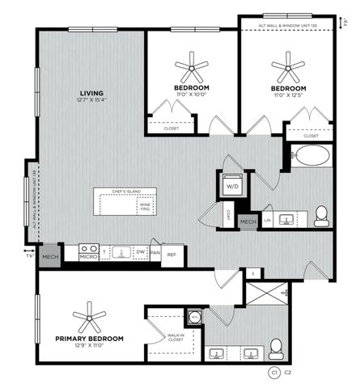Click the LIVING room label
[x=91, y=92]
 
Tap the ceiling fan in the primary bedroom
[x=89, y=314]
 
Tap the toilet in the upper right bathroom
[x=321, y=214]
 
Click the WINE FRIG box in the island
[x=146, y=206]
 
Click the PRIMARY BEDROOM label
[x=89, y=339]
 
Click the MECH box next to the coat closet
[x=248, y=221]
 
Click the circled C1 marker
[x=274, y=373]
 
